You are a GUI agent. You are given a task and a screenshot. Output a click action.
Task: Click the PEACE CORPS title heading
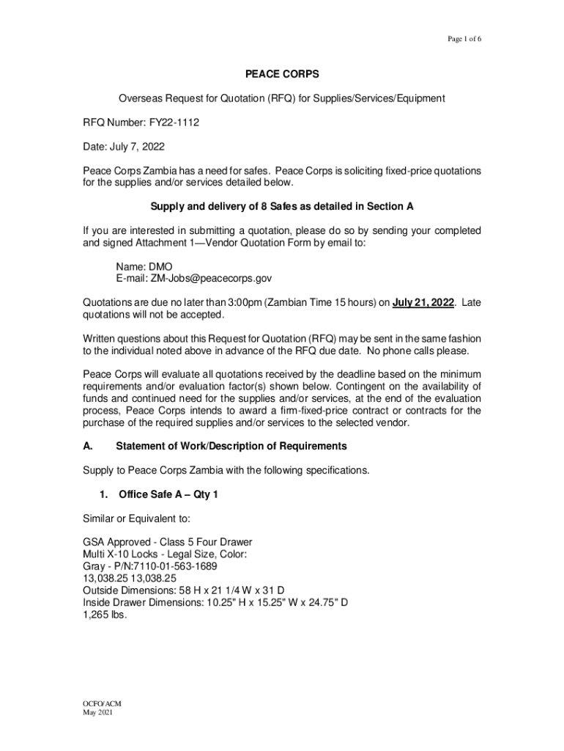(x=282, y=76)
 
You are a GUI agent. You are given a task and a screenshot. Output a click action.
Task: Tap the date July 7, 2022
(x=138, y=146)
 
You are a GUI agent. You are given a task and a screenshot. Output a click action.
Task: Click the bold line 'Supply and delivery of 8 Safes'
(x=282, y=207)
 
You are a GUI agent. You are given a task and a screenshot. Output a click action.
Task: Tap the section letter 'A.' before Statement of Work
(x=89, y=446)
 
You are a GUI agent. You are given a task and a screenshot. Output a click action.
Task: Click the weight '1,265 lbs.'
(x=105, y=615)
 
